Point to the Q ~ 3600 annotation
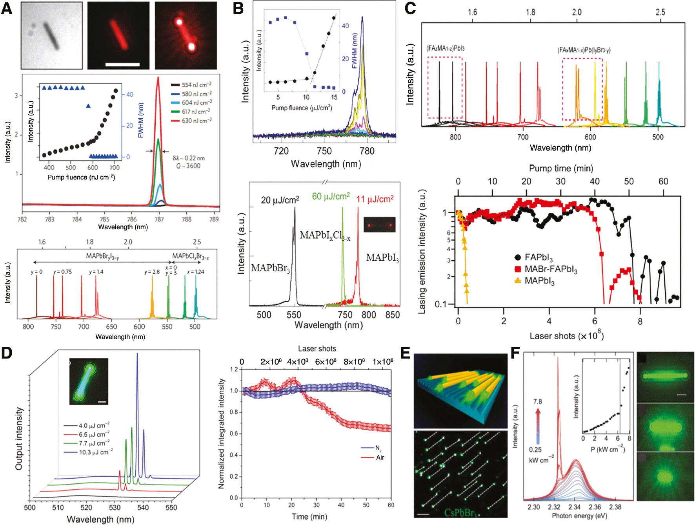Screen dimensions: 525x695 188,166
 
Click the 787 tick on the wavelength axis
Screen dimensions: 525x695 159,219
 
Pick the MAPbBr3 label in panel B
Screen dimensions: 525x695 270,269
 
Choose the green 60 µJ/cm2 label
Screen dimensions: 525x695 331,196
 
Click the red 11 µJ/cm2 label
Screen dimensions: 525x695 375,199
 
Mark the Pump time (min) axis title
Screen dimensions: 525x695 561,168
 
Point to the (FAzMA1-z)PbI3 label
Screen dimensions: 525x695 445,48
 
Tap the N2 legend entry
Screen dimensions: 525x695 378,448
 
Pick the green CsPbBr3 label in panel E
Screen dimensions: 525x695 461,512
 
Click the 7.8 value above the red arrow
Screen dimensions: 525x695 537,402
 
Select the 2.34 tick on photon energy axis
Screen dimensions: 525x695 575,507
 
